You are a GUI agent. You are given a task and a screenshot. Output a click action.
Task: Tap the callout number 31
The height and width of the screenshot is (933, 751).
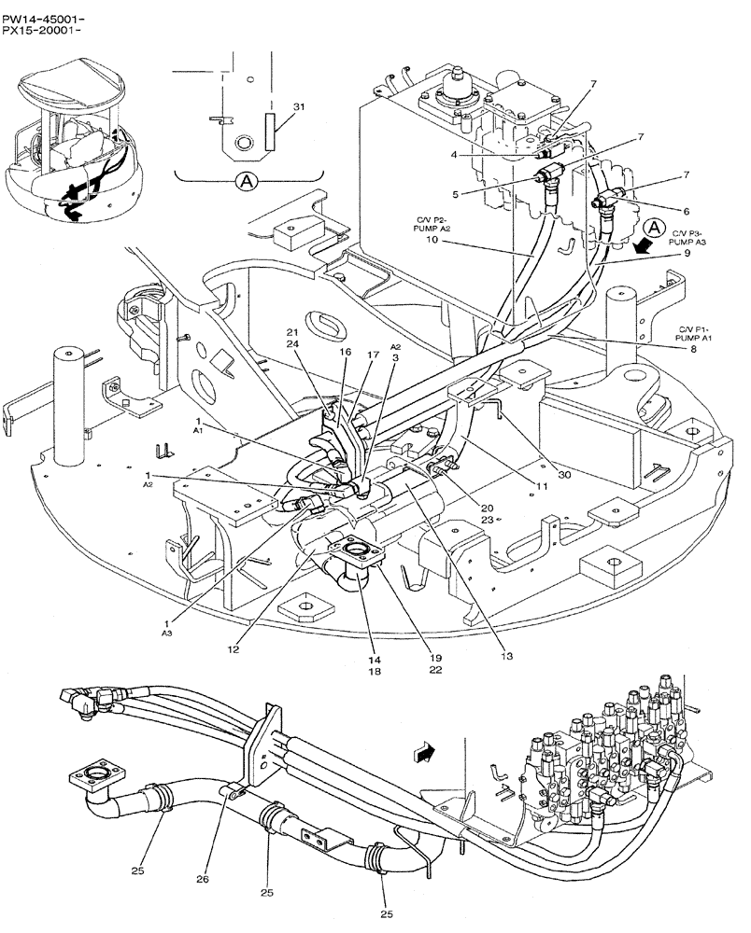coord(299,108)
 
